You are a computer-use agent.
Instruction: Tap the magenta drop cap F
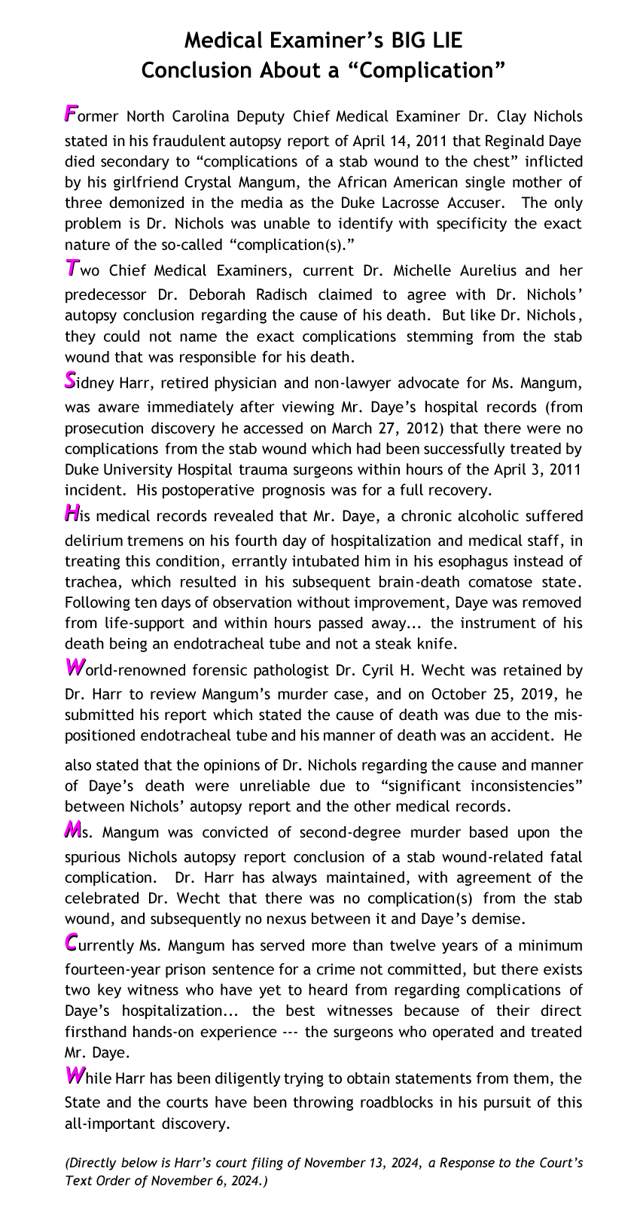point(71,114)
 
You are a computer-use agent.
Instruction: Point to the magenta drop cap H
point(72,514)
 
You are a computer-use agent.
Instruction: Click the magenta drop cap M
point(72,830)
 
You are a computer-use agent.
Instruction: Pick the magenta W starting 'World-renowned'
point(75,667)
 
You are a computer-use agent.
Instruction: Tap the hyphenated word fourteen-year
point(109,969)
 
